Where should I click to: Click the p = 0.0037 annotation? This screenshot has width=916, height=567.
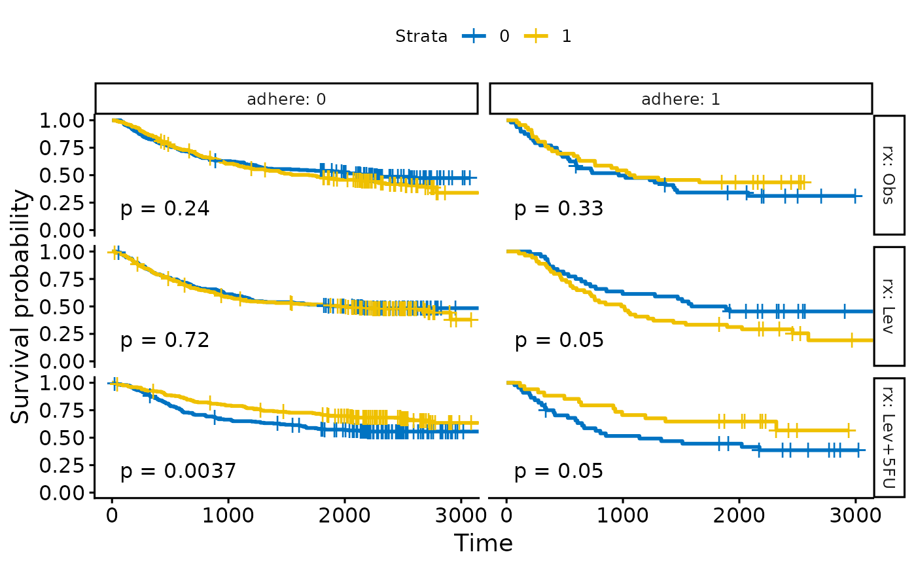(178, 471)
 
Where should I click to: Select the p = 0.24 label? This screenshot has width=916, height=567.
(165, 210)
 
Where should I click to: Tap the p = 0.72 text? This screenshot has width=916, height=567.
(165, 340)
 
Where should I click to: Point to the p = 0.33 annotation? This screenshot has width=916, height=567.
(559, 210)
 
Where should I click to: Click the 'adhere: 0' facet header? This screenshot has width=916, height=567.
(286, 100)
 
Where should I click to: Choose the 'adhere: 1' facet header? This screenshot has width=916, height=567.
(680, 100)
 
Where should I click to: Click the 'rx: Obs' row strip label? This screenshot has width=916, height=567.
(889, 174)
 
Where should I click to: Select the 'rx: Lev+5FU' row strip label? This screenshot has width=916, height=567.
(889, 436)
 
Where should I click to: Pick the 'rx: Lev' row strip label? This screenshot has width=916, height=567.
(889, 305)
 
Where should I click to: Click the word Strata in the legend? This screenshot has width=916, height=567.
(421, 37)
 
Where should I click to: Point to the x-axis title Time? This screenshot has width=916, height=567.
(484, 543)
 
